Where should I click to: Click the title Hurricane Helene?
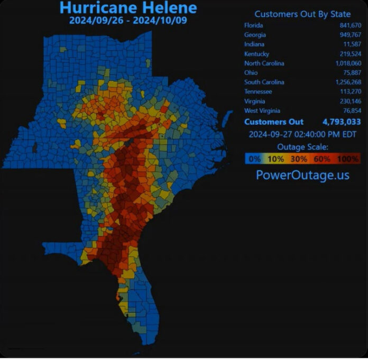[x=128, y=8]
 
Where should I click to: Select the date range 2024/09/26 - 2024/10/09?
[x=128, y=21]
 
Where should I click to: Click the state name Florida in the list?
[x=253, y=25]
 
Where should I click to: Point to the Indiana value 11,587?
[x=351, y=44]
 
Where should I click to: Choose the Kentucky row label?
[x=256, y=54]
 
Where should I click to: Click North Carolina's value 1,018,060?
[x=346, y=63]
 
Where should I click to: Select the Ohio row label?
[x=251, y=72]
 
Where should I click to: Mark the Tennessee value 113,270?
[x=349, y=91]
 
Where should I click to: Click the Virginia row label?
[x=254, y=101]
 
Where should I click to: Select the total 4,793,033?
[x=342, y=122]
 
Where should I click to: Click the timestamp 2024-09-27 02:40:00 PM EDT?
[x=302, y=134]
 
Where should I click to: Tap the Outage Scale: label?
[x=302, y=146]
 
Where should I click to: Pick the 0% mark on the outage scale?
[x=255, y=158]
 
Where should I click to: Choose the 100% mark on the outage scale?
[x=349, y=158]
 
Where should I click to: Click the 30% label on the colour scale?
[x=299, y=158]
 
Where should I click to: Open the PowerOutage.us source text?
[x=302, y=175]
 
